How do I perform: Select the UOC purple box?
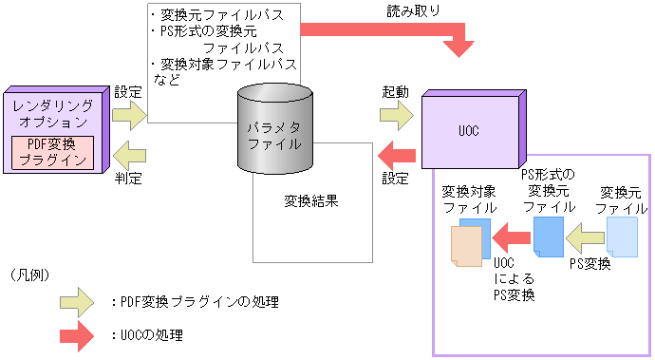point(471,127)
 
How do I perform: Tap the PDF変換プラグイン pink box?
point(53,151)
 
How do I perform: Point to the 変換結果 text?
point(311,201)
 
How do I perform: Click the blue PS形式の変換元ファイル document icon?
point(549,236)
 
